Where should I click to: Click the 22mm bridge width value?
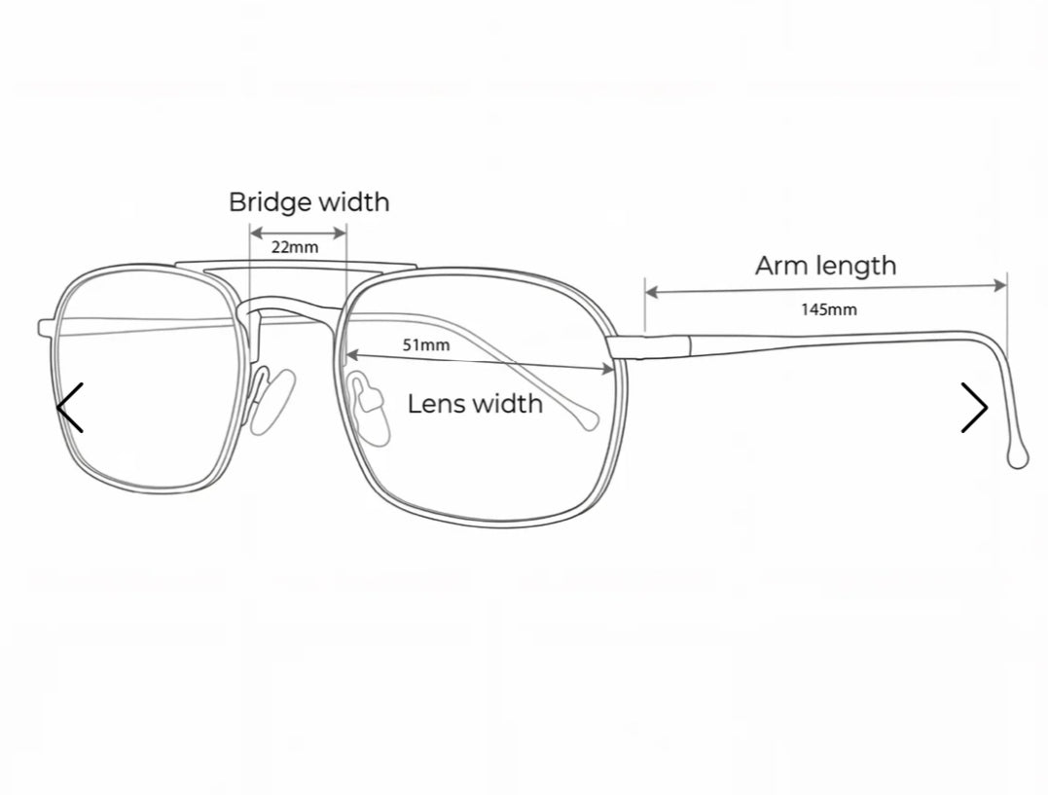[x=295, y=247]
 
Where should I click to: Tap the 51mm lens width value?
[x=426, y=345]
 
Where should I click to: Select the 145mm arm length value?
[x=829, y=309]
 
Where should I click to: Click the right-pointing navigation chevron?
[x=974, y=407]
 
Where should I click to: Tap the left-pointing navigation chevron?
[x=69, y=407]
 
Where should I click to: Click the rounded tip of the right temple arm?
[x=1018, y=458]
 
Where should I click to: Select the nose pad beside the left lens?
[x=272, y=401]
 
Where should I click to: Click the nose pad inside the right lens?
[x=370, y=410]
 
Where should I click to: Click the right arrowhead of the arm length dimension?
[x=1000, y=285]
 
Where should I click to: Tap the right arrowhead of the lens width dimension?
[x=608, y=369]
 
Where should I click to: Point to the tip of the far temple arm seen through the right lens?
[x=590, y=420]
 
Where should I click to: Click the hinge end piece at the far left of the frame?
[x=46, y=328]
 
